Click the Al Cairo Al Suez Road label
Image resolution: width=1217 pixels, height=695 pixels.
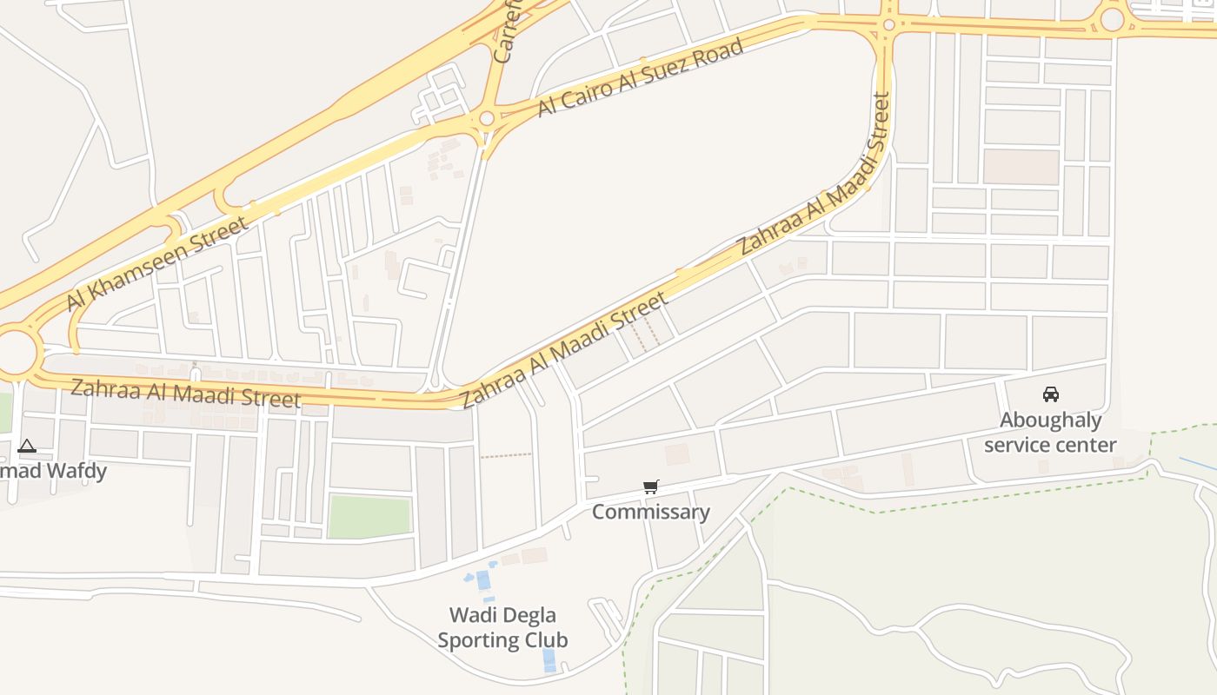[641, 77]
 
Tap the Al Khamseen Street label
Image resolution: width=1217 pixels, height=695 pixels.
[157, 262]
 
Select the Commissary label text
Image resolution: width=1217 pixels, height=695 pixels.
[651, 512]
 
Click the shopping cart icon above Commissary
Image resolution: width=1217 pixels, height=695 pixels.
[651, 486]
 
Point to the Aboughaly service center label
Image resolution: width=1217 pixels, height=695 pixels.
[1050, 433]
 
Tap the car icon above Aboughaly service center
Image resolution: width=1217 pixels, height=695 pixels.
[1050, 394]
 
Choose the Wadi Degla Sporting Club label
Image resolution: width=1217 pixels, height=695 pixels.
[502, 627]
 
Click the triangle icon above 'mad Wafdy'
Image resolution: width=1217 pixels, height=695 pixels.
[27, 447]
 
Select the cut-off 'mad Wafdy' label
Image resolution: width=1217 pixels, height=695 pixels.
[54, 472]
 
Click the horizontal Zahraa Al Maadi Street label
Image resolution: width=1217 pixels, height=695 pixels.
[185, 394]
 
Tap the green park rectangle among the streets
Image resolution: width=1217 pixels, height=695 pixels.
[369, 516]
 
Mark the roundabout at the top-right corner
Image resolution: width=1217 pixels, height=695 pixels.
[1112, 19]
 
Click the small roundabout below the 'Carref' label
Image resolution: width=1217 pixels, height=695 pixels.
[487, 118]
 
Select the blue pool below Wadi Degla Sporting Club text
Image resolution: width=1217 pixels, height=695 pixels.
[549, 659]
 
